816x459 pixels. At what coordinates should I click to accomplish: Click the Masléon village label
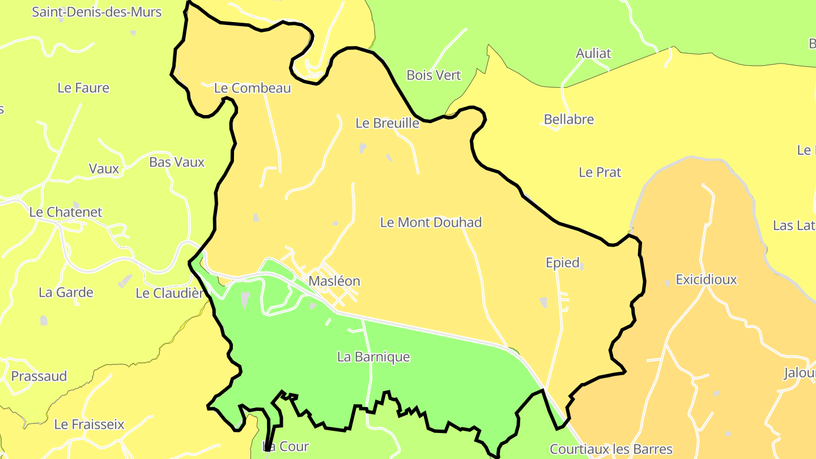[334, 281]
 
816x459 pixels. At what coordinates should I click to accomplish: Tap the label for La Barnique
[373, 357]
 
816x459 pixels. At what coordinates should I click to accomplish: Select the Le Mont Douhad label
[431, 222]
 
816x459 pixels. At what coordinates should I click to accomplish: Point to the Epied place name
[562, 262]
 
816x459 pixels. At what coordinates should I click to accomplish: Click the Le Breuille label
[387, 123]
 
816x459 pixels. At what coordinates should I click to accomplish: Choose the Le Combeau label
[252, 88]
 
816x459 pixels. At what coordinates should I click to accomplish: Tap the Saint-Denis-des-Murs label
[96, 12]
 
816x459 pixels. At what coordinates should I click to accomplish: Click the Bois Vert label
[433, 75]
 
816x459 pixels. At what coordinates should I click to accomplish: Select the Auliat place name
[593, 53]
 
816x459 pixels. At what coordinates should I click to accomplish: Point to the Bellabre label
[568, 119]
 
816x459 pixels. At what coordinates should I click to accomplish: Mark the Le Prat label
[600, 172]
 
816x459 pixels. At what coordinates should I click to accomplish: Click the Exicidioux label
[706, 279]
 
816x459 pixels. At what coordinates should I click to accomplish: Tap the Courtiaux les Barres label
[611, 449]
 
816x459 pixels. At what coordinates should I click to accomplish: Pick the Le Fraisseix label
[89, 424]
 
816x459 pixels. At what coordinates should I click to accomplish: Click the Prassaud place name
[39, 376]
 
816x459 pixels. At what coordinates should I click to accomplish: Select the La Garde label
[66, 292]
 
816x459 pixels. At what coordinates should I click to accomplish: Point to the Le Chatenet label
[66, 212]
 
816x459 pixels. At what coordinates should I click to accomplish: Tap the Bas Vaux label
[176, 162]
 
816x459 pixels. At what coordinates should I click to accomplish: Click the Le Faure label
[83, 88]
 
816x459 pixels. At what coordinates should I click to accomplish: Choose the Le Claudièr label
[169, 293]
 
